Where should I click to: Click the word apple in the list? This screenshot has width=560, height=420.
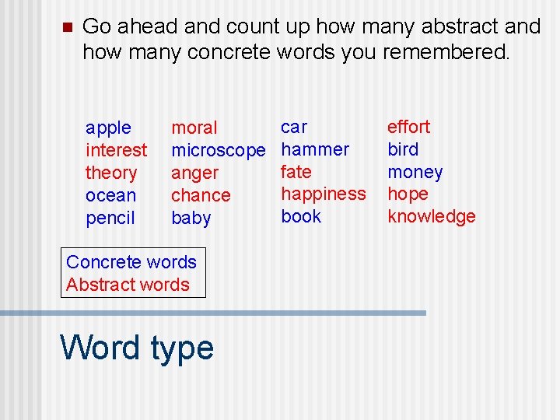tap(108, 128)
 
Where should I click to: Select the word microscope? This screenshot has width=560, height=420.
tap(218, 150)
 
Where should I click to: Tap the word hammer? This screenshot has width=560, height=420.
tap(315, 149)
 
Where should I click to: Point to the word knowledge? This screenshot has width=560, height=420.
tap(431, 217)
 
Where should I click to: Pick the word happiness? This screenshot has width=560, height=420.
tap(323, 194)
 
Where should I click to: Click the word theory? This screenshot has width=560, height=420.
tap(111, 173)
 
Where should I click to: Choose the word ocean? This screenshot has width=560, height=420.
tap(111, 195)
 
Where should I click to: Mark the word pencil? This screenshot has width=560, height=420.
tap(110, 218)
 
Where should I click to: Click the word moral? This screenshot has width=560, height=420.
tap(194, 128)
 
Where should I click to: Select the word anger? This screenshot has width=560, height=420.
tap(194, 173)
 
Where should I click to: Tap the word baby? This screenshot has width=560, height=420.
tap(191, 218)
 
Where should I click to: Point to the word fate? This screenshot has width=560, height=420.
tap(296, 172)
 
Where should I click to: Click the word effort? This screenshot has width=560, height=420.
tap(408, 127)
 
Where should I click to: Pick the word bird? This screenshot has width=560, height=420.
tap(403, 149)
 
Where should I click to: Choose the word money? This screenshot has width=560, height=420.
tap(415, 172)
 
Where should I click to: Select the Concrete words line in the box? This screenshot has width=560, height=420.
tap(131, 262)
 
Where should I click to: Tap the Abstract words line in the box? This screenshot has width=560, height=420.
tap(128, 285)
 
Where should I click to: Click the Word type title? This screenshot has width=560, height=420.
tap(137, 347)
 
